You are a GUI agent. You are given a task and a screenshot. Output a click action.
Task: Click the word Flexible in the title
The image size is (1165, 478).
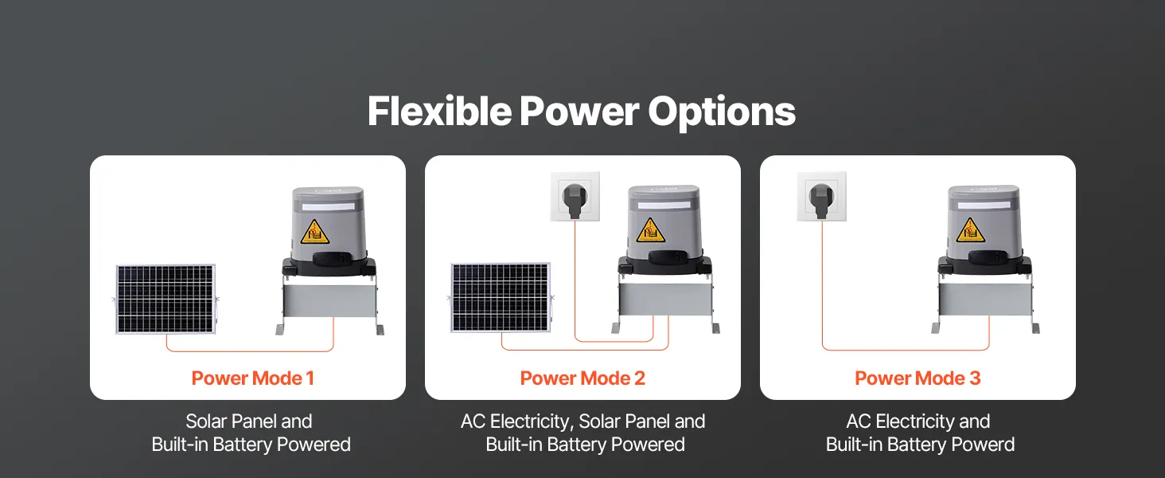pos(439,111)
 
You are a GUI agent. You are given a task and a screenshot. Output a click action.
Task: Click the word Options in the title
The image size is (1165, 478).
pos(722,112)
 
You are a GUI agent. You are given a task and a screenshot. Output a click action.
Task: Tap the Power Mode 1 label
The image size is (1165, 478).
pos(253,378)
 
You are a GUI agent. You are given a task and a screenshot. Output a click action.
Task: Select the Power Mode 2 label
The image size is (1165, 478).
pos(582,378)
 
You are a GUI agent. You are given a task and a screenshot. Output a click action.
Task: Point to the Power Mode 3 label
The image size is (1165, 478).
pos(918,378)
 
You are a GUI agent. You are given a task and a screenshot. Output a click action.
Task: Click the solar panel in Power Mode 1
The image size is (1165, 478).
pos(166,299)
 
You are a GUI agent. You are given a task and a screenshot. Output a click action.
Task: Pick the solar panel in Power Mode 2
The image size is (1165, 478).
pos(501,298)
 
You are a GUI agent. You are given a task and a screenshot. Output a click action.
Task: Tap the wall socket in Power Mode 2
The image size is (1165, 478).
pos(575,196)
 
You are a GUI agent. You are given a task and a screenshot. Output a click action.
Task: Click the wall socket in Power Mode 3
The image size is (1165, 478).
pos(821,196)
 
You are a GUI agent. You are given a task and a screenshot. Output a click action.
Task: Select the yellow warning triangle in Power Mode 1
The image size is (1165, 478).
pos(314,233)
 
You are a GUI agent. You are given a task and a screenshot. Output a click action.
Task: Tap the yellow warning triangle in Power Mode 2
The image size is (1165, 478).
pos(650,231)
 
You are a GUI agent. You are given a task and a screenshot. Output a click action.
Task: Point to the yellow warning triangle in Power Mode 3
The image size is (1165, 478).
pos(970,231)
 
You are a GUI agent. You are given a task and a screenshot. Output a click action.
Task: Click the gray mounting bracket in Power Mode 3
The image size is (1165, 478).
pos(985,304)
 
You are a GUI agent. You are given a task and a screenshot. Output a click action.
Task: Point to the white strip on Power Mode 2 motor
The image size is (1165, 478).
pos(664,206)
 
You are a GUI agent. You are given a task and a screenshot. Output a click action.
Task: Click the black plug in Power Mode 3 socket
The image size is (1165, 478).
pos(821,200)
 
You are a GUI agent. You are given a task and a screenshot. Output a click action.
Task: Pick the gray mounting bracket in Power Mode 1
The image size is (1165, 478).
pos(329,306)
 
